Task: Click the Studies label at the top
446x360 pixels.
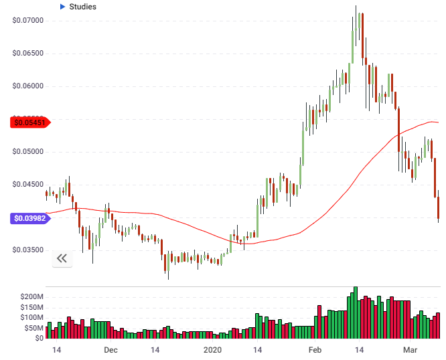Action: tap(82, 7)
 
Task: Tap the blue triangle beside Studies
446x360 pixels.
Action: tap(62, 7)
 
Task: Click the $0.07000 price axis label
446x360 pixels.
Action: tap(27, 20)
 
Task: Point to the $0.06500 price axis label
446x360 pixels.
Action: tap(27, 53)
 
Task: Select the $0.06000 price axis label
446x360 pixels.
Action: tap(27, 86)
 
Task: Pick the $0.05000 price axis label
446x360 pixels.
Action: tap(27, 151)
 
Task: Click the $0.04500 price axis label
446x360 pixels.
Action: tap(27, 184)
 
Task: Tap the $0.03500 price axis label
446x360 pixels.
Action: tap(27, 250)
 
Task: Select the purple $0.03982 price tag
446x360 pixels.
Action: tap(28, 218)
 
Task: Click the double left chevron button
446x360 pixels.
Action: tap(62, 258)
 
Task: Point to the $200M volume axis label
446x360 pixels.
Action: tap(31, 296)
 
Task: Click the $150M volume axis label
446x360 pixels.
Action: tap(31, 306)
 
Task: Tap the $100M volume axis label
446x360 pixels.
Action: tap(31, 317)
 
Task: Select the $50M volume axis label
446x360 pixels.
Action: tap(33, 328)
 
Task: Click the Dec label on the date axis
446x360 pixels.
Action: tap(111, 350)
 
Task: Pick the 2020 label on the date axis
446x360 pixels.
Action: tap(212, 350)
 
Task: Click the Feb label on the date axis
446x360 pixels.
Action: tap(315, 350)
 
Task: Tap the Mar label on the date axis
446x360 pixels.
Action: tap(410, 350)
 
